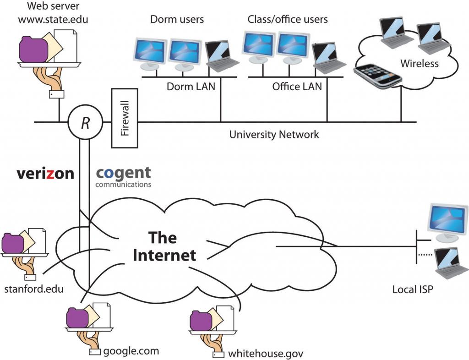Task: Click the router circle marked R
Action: [85, 122]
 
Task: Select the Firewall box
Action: [125, 118]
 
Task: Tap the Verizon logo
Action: [45, 174]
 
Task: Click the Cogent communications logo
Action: [123, 176]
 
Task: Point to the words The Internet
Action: [164, 246]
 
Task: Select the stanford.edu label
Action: [33, 289]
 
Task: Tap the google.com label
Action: [131, 351]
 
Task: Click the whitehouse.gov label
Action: [266, 354]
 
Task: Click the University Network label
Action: [274, 135]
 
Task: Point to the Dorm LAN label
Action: [191, 86]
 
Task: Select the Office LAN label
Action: [297, 86]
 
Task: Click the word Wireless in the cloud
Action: [419, 63]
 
